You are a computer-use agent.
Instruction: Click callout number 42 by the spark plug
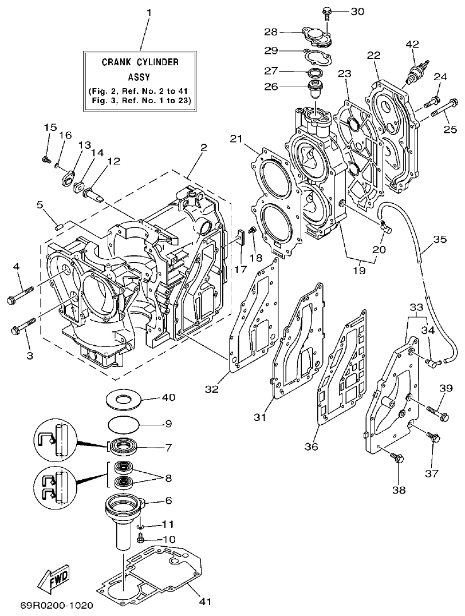(x=412, y=44)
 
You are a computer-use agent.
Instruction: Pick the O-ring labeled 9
(x=124, y=425)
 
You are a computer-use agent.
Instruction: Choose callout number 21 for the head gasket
(x=237, y=139)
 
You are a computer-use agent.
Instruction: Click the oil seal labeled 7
(x=124, y=445)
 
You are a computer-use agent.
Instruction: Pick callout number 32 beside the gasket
(x=212, y=389)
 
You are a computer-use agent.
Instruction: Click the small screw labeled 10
(x=141, y=538)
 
